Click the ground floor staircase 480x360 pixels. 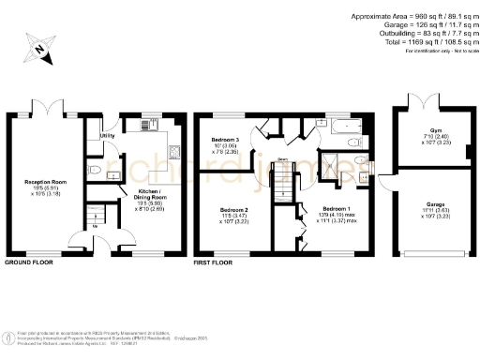click(x=95, y=217)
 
